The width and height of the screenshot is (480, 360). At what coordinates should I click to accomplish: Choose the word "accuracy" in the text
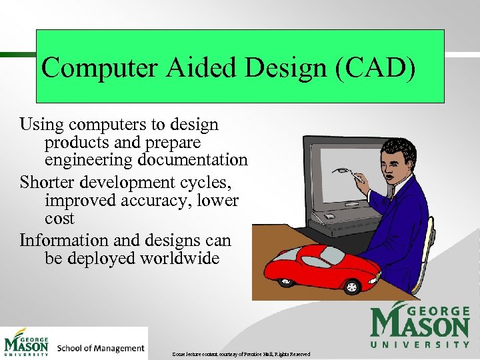tap(163, 200)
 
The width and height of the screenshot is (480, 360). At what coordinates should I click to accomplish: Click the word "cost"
tap(59, 219)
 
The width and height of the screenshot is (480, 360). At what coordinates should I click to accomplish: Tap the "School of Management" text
tap(101, 348)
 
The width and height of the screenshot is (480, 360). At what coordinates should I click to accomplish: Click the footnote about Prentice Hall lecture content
tap(239, 353)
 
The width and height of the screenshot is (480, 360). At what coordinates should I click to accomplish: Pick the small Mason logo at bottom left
tap(27, 343)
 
